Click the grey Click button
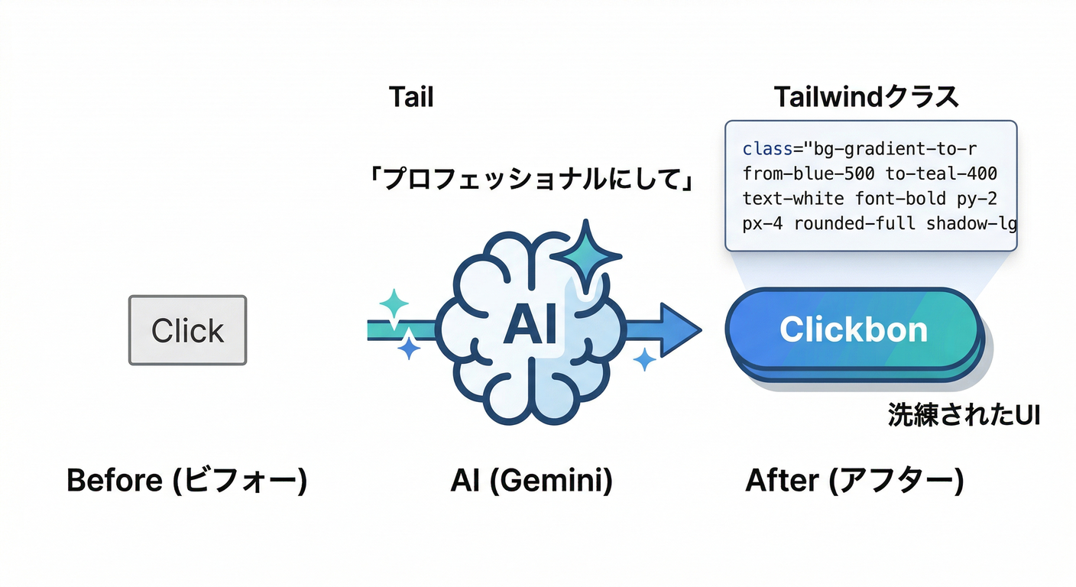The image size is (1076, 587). click(x=187, y=330)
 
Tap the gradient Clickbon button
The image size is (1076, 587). click(x=853, y=329)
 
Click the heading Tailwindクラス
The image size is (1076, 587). click(x=866, y=98)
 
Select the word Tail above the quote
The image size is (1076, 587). click(x=411, y=98)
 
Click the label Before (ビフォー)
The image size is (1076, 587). click(x=186, y=481)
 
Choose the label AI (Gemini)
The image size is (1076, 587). click(x=531, y=481)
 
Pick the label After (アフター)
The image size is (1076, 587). click(x=854, y=481)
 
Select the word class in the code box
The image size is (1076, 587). click(x=767, y=148)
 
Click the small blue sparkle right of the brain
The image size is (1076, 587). click(x=645, y=358)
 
